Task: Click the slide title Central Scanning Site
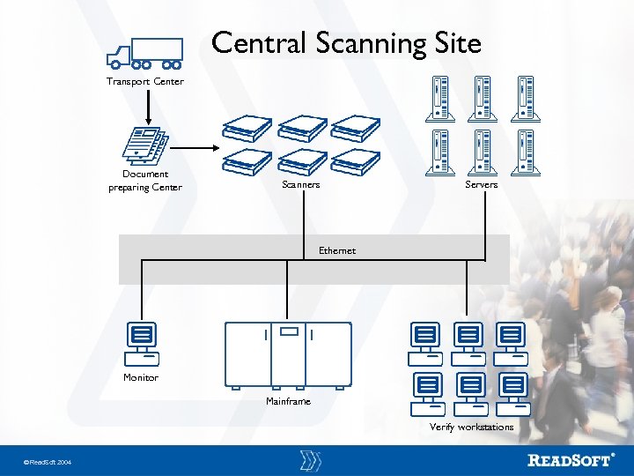point(346,42)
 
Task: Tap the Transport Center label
point(145,82)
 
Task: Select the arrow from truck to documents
point(147,106)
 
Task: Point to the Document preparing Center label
point(145,181)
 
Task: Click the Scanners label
point(300,185)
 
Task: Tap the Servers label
point(481,185)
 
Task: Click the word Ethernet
point(337,250)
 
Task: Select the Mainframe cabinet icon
point(288,353)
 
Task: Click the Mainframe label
point(288,402)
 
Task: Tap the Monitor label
point(141,378)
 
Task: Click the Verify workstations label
point(471,428)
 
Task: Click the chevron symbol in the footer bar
point(310,460)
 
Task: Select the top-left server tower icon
point(440,98)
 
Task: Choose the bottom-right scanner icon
point(355,162)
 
